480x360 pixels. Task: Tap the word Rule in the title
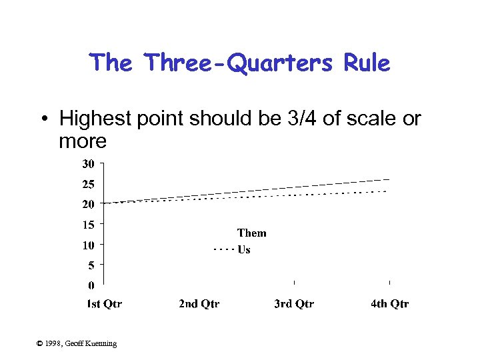pyautogui.click(x=366, y=63)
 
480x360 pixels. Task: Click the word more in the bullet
pyautogui.click(x=83, y=141)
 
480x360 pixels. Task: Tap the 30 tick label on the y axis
pyautogui.click(x=88, y=163)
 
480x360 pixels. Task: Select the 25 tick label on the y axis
pyautogui.click(x=88, y=184)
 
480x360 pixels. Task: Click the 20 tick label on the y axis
pyautogui.click(x=88, y=204)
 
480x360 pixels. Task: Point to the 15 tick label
pyautogui.click(x=88, y=225)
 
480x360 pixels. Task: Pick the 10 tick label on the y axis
pyautogui.click(x=88, y=245)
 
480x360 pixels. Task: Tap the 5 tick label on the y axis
pyautogui.click(x=91, y=265)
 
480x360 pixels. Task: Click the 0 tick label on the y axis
pyautogui.click(x=91, y=285)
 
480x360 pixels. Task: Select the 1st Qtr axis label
pyautogui.click(x=105, y=304)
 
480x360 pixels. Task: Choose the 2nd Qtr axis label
pyautogui.click(x=199, y=304)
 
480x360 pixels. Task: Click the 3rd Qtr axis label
pyautogui.click(x=294, y=304)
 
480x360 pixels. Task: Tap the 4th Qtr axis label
pyautogui.click(x=390, y=304)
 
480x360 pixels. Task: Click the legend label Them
pyautogui.click(x=251, y=233)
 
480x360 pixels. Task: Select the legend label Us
pyautogui.click(x=244, y=249)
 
